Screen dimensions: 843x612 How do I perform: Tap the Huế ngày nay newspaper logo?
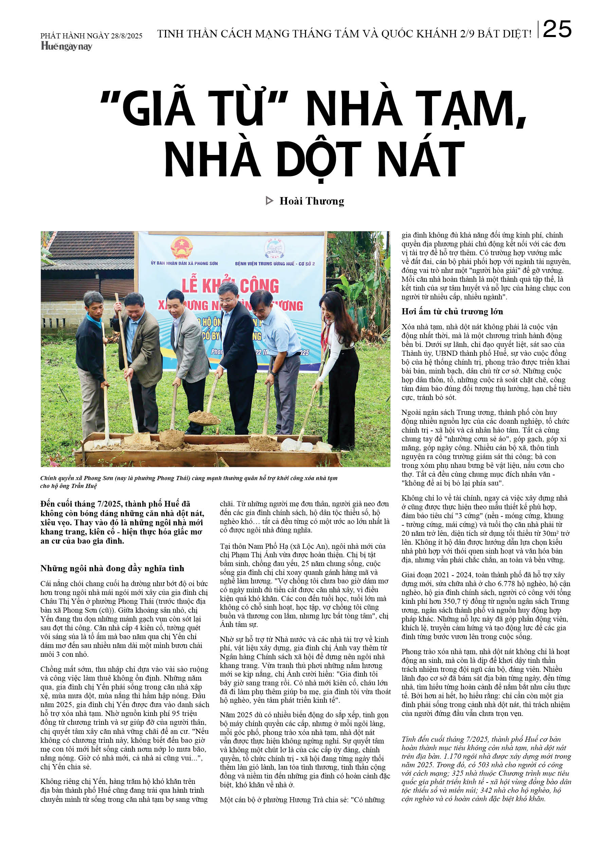[67, 46]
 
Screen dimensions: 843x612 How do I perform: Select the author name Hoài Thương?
[312, 201]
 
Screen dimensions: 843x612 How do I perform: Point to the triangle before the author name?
[269, 201]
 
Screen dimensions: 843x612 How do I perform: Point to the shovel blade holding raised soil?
[204, 419]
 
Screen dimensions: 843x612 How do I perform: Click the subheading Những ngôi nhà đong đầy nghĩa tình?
[112, 568]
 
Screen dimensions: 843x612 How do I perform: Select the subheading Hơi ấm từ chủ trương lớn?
[452, 312]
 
